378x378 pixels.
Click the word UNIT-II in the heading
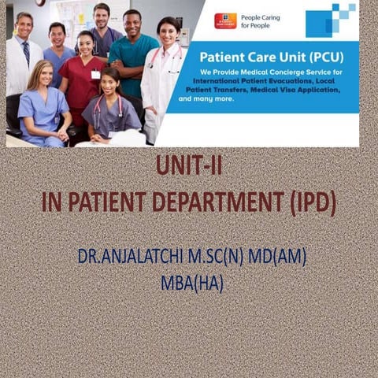point(188,166)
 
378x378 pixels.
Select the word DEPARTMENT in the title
point(221,202)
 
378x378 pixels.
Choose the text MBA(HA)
point(191,282)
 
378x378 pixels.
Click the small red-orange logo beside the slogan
point(224,20)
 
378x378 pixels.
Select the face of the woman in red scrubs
point(86,45)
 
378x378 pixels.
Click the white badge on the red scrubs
point(95,74)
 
